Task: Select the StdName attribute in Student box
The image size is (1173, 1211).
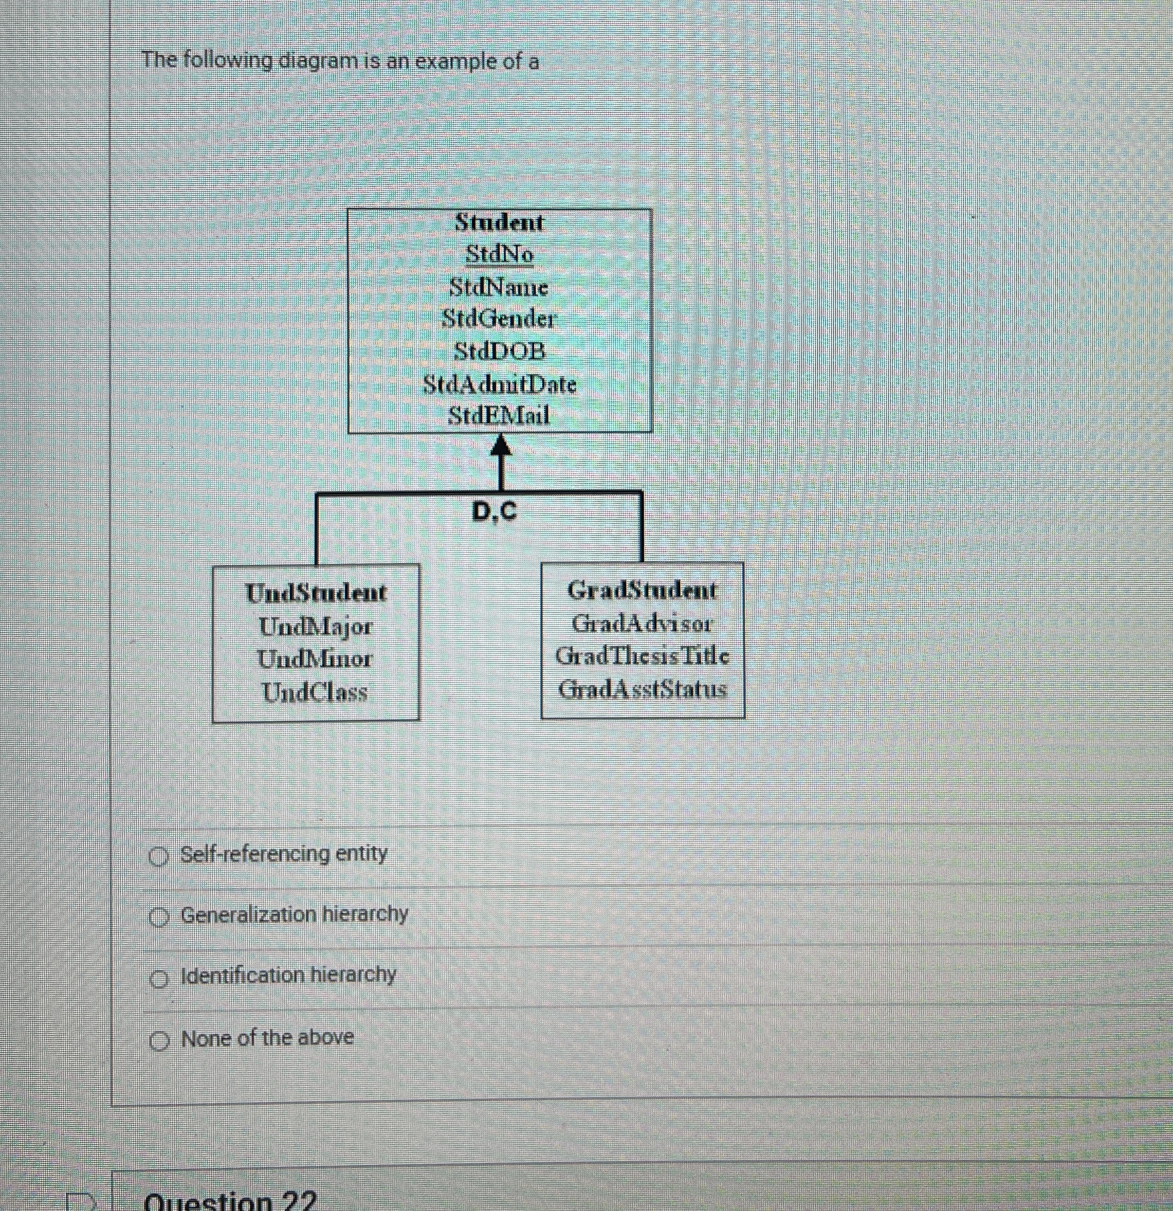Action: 498,287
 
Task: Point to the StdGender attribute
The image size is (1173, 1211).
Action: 499,319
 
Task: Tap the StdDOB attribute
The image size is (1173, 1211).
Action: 500,352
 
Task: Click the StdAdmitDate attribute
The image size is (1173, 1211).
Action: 499,384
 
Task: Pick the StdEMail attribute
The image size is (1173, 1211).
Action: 499,415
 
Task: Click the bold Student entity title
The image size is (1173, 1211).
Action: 499,222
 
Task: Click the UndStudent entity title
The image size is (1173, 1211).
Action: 316,593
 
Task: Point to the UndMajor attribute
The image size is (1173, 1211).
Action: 315,627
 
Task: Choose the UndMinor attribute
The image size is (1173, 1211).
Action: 315,659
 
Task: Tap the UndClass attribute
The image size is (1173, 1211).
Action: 315,692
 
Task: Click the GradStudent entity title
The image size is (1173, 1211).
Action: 642,591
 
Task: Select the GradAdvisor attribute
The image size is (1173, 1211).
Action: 642,623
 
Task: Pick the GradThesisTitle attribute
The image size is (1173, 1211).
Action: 642,656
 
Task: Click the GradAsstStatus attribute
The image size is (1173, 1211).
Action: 642,688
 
